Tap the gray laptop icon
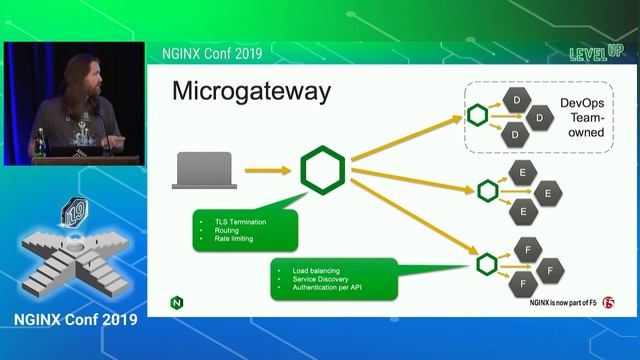pyautogui.click(x=203, y=170)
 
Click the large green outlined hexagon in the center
pyautogui.click(x=322, y=170)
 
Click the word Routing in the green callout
pyautogui.click(x=227, y=230)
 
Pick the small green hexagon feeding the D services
pyautogui.click(x=477, y=116)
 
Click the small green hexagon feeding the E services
pyautogui.click(x=487, y=189)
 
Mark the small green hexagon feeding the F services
pyautogui.click(x=487, y=264)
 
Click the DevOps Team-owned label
pyautogui.click(x=582, y=117)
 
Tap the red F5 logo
pyautogui.click(x=609, y=303)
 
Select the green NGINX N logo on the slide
pyautogui.click(x=177, y=301)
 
